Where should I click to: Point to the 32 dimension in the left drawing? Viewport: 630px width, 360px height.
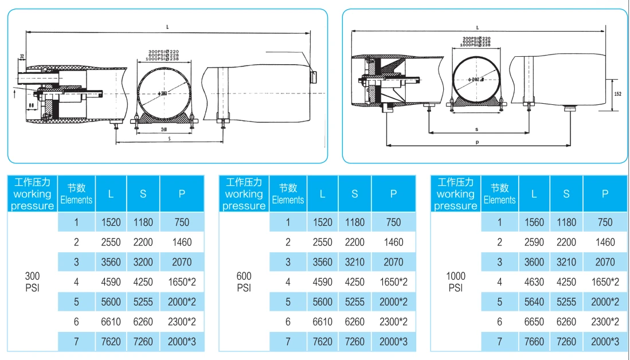22,56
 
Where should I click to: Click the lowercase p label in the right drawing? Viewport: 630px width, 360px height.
478,141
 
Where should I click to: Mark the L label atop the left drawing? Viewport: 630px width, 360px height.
168,26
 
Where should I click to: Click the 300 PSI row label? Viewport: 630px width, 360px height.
32,281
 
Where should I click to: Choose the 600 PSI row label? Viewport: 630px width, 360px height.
244,281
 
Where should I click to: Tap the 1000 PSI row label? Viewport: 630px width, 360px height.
455,281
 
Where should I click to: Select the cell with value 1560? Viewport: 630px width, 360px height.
534,222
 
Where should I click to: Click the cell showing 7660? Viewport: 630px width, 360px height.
534,342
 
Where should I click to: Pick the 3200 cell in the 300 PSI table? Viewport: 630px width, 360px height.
143,262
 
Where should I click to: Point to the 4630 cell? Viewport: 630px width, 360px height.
534,282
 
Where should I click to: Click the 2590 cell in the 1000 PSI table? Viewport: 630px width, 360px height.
534,242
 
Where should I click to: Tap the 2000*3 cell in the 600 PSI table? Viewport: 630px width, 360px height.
393,342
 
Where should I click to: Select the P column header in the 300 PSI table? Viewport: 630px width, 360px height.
182,194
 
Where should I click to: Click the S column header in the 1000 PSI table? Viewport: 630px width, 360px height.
566,194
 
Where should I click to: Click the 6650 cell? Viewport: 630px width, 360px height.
534,322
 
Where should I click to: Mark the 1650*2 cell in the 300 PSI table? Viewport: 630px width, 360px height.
182,282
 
